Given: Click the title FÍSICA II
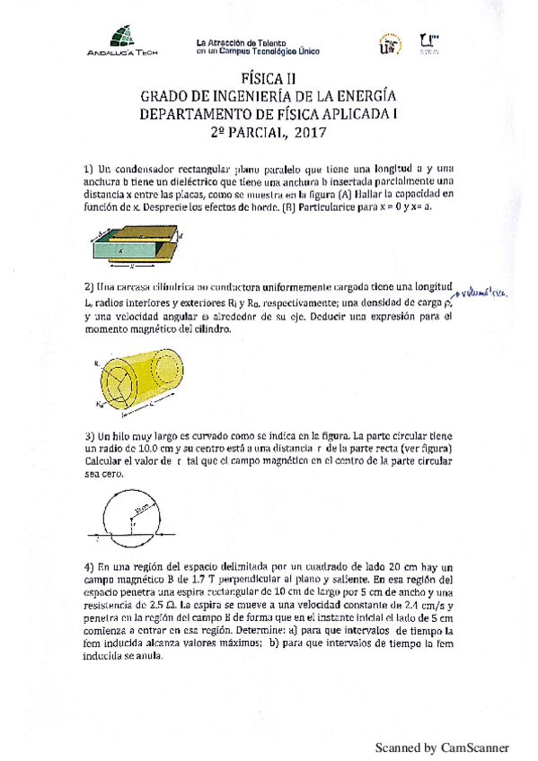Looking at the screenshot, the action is click(x=269, y=79).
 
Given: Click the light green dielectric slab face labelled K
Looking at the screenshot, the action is click(x=126, y=253).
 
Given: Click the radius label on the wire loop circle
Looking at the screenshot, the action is click(x=141, y=507).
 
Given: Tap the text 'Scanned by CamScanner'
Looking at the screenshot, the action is click(x=441, y=747).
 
